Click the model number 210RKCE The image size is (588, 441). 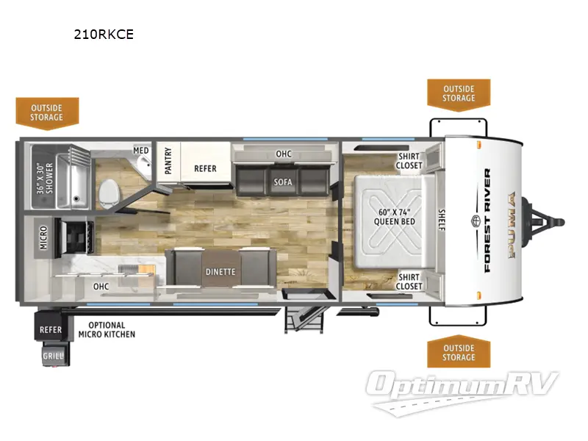pos(103,35)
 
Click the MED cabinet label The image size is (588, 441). pos(141,151)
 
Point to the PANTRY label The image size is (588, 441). pos(168,162)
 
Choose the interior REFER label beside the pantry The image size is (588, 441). pos(205,168)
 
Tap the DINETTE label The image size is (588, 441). pos(220,271)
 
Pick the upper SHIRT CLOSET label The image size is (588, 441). pos(410,160)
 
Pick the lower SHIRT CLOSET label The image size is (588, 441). pos(410,282)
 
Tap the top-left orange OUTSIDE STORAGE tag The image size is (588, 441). pos(47,112)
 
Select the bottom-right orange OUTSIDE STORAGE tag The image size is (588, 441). pos(458,353)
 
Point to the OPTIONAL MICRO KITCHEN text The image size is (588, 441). pos(107,329)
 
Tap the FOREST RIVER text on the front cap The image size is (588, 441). pos(487,220)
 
